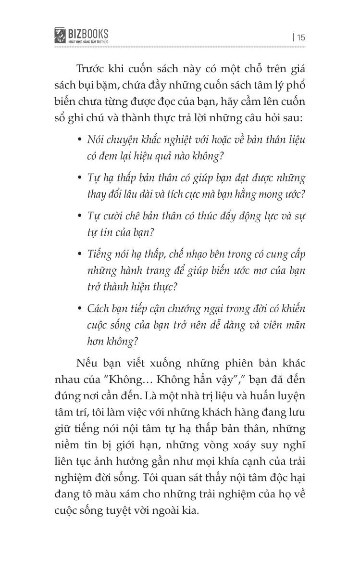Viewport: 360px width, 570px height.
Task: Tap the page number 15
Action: point(301,37)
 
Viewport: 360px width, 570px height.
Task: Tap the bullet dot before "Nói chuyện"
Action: point(79,139)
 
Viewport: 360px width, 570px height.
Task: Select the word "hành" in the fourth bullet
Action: point(136,270)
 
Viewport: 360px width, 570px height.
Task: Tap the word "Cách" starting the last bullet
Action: point(99,308)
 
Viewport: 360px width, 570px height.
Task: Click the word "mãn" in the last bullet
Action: point(296,326)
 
